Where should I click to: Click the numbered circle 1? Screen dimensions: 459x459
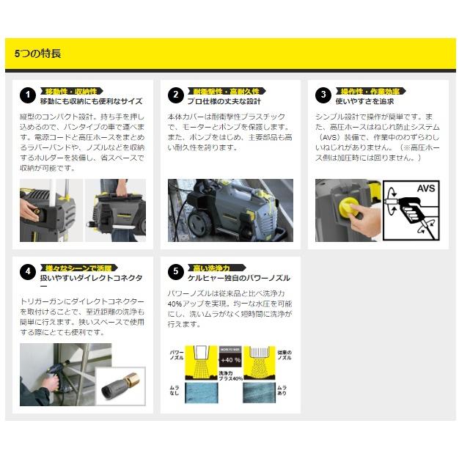click(x=27, y=95)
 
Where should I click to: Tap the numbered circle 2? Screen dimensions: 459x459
click(x=175, y=95)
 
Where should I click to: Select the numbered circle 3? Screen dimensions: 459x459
click(x=323, y=95)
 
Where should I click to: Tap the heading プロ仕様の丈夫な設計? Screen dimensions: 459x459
click(x=224, y=101)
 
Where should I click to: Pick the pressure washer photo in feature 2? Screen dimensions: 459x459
click(x=229, y=210)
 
